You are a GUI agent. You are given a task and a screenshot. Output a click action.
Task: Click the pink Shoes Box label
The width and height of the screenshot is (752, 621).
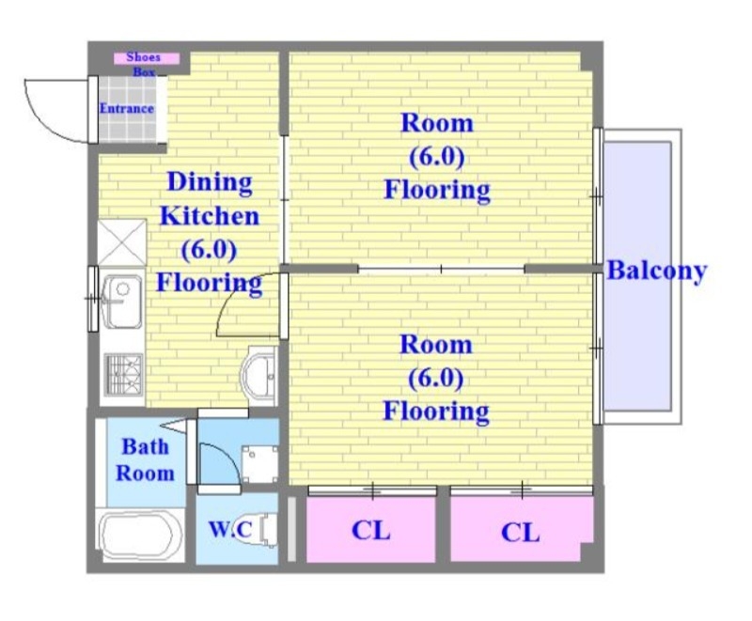click(x=147, y=59)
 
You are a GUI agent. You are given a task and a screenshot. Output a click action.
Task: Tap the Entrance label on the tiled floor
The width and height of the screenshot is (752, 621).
click(x=127, y=109)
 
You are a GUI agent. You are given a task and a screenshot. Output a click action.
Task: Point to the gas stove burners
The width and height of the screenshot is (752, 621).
click(x=124, y=375)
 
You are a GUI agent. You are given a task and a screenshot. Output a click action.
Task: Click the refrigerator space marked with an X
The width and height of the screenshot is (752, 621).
click(x=122, y=242)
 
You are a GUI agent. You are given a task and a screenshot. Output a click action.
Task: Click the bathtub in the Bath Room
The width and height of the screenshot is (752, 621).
click(x=140, y=535)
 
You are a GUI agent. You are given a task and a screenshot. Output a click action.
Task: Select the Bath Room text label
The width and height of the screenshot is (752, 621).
click(x=145, y=460)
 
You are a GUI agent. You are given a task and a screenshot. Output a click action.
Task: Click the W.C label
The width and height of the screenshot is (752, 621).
click(x=230, y=530)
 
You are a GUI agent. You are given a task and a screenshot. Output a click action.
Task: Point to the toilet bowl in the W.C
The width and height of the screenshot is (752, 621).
click(x=268, y=530)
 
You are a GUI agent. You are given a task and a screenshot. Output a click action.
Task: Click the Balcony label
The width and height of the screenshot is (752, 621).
click(x=656, y=271)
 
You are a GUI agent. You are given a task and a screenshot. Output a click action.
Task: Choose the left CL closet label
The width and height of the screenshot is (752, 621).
click(x=370, y=531)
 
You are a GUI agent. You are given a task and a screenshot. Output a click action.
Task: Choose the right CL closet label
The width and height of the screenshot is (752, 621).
click(x=521, y=533)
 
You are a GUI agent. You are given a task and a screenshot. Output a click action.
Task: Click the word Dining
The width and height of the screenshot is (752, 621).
click(x=210, y=182)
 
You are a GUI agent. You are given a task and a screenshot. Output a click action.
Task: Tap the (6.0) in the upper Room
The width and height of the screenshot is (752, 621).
click(x=436, y=157)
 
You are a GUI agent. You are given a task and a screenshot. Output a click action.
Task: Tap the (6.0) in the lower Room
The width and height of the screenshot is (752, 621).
click(x=436, y=379)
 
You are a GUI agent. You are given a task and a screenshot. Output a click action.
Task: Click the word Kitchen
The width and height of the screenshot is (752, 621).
click(x=210, y=217)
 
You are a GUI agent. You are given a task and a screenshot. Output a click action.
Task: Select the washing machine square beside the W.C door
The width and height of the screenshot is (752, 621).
click(x=259, y=464)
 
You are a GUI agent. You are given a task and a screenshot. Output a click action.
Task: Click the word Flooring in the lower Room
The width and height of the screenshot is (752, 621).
click(x=436, y=411)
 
